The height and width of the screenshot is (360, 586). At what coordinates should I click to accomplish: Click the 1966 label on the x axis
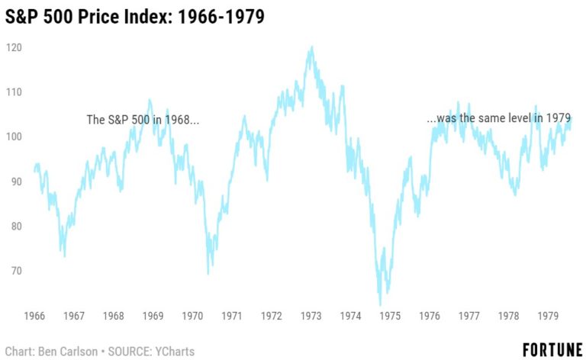point(34,316)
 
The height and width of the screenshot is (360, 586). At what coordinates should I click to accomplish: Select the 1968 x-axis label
point(113,316)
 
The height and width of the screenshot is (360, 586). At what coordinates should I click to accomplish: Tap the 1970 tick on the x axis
point(192,316)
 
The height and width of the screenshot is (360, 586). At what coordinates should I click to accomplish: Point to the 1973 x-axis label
point(311,316)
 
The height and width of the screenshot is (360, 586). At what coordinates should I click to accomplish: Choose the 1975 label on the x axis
point(390,316)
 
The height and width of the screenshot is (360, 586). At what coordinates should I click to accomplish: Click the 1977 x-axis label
point(469,316)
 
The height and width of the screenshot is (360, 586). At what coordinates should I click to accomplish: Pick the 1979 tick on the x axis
point(548,316)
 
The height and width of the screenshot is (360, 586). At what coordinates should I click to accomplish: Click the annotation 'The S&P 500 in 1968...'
point(143,120)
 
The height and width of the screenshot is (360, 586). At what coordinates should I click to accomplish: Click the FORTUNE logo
point(552,349)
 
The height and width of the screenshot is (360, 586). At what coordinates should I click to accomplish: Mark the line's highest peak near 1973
point(311,47)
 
